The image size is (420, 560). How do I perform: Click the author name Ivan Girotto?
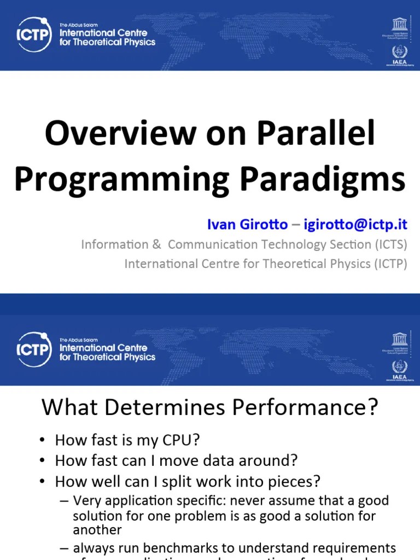coord(247,224)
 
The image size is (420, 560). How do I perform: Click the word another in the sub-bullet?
coord(97,530)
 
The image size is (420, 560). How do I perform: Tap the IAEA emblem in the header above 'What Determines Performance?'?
coord(400,368)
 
